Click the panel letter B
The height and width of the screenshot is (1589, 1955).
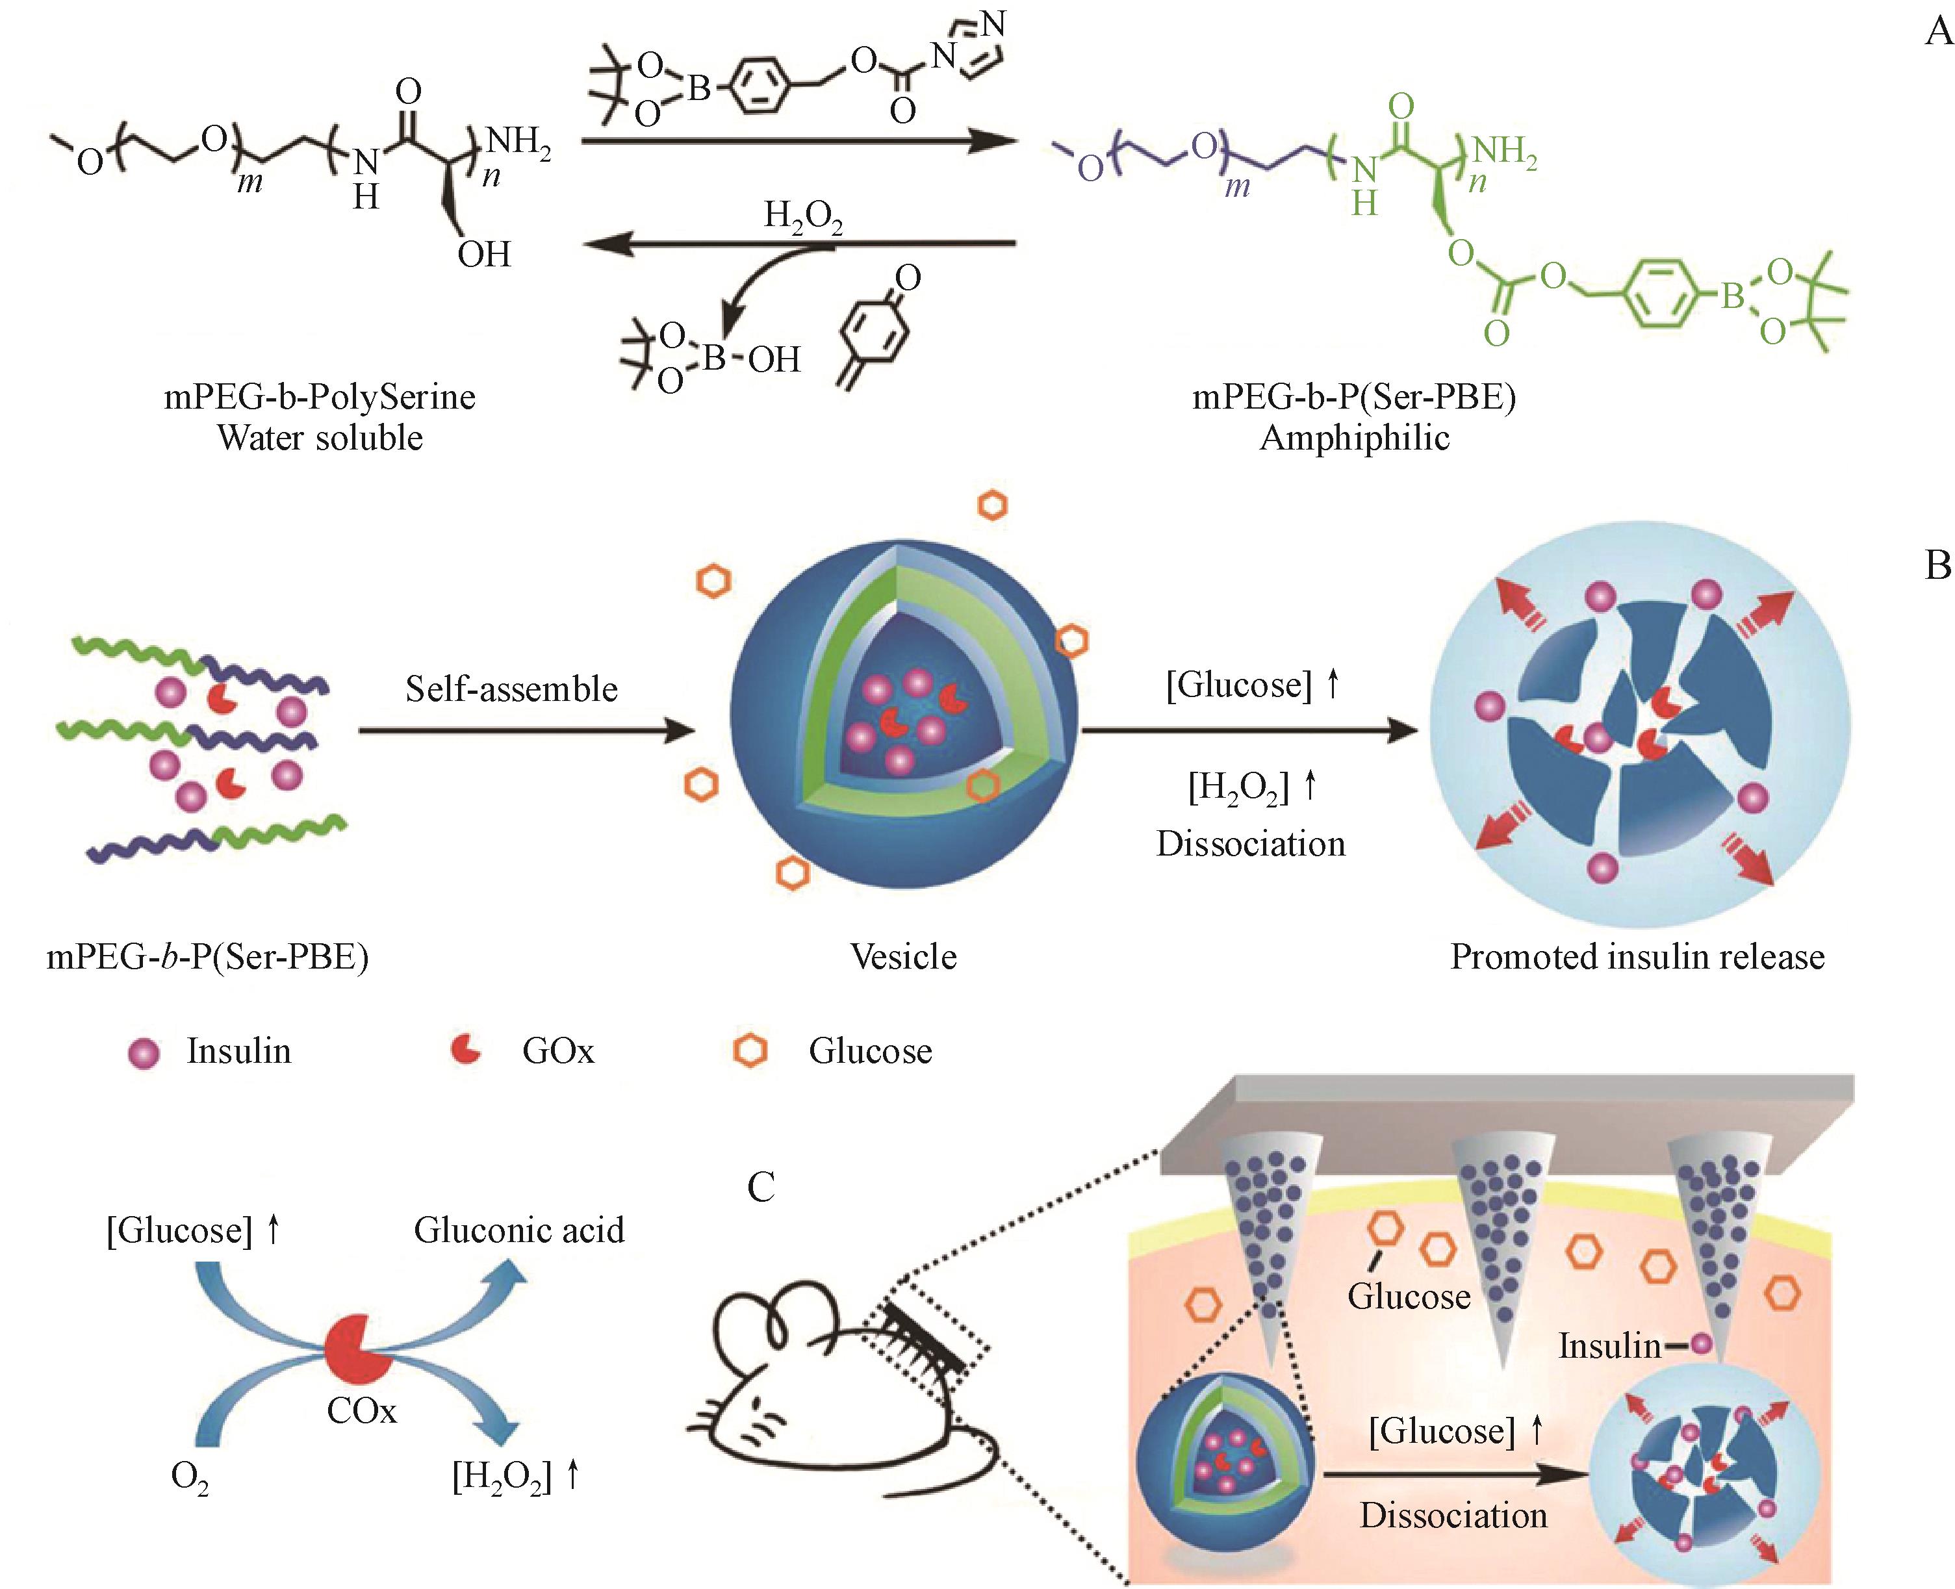coord(1937,566)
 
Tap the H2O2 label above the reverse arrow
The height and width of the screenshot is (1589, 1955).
coord(802,218)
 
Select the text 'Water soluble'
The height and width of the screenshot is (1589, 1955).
coord(320,437)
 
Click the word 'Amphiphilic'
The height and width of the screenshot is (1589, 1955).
coord(1355,437)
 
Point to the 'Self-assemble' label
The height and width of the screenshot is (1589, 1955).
coord(511,689)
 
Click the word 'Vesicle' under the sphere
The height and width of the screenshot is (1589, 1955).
coord(903,956)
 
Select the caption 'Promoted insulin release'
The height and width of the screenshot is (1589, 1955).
coord(1637,956)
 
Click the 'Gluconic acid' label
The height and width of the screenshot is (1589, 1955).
coord(519,1229)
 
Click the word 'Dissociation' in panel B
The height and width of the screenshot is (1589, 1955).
coord(1250,843)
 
